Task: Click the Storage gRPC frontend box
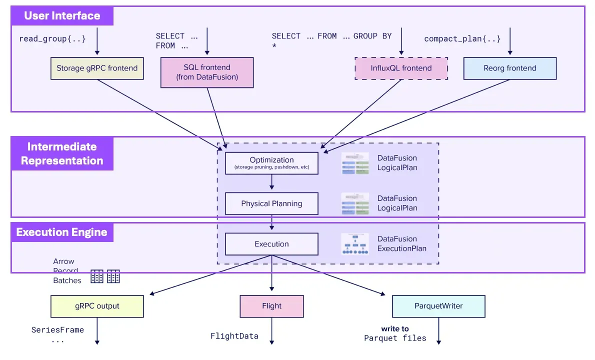tap(97, 68)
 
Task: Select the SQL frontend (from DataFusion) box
tap(207, 72)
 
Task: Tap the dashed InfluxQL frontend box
tap(401, 68)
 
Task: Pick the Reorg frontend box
tap(509, 68)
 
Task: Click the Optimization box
tap(271, 163)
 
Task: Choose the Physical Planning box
tap(271, 203)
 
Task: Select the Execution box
tap(271, 244)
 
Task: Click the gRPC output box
tap(97, 306)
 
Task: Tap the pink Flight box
tap(271, 306)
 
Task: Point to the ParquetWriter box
tap(438, 306)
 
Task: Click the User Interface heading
tap(62, 15)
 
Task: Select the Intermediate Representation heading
tap(62, 153)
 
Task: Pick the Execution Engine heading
tap(62, 232)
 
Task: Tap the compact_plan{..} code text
tap(462, 38)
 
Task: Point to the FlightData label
tap(234, 336)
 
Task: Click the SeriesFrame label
tap(57, 330)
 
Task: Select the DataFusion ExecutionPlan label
tap(401, 243)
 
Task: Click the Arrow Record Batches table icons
tap(105, 276)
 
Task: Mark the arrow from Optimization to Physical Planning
tap(271, 183)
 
